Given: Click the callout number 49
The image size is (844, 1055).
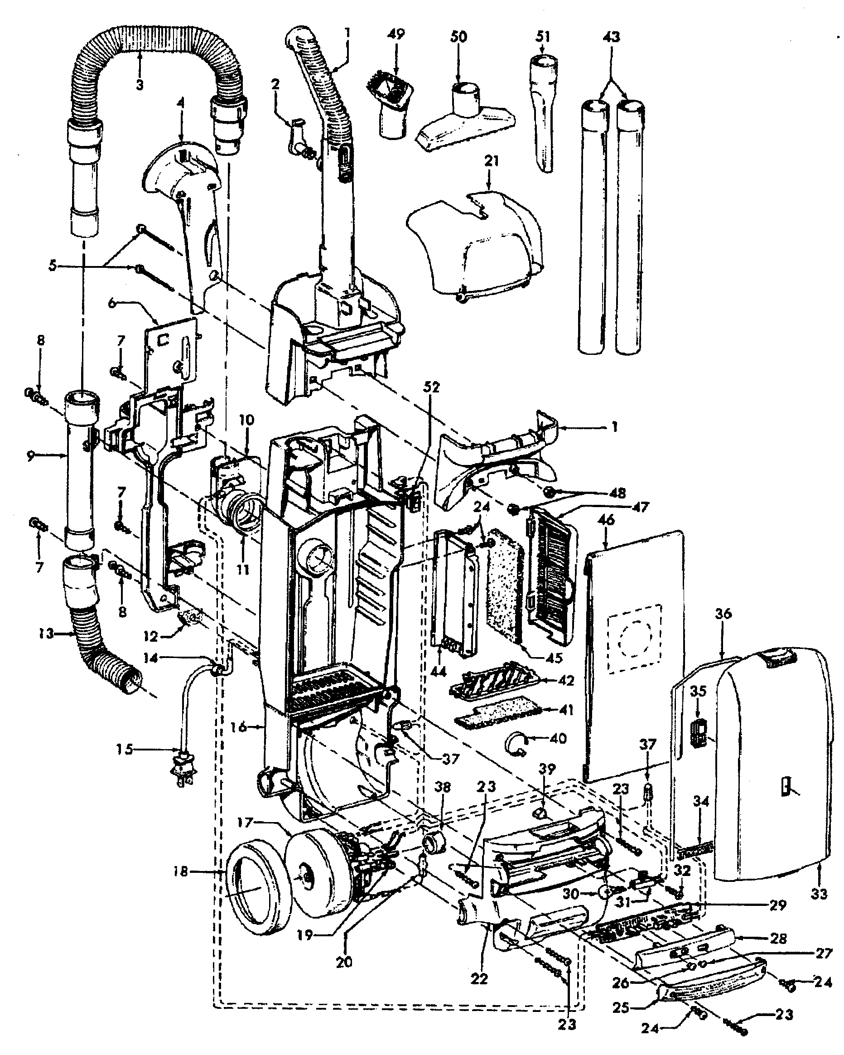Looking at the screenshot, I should [396, 34].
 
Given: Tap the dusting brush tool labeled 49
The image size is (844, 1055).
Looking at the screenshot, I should [392, 101].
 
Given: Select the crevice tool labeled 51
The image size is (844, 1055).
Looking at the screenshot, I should [543, 112].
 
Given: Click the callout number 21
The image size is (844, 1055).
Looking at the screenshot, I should [491, 160].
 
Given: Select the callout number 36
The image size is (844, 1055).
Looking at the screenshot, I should [723, 614].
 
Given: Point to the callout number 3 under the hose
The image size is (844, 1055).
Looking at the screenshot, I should [140, 85].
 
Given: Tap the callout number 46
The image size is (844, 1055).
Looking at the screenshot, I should [606, 520].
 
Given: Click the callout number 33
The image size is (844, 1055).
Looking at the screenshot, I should [819, 894].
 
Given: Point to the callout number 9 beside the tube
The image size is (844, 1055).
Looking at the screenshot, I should [30, 456].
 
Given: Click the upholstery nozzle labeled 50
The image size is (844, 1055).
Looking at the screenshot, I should [465, 122].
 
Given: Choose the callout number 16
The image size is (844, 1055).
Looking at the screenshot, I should [239, 728].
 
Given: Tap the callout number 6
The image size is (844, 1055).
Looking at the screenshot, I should [112, 303].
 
